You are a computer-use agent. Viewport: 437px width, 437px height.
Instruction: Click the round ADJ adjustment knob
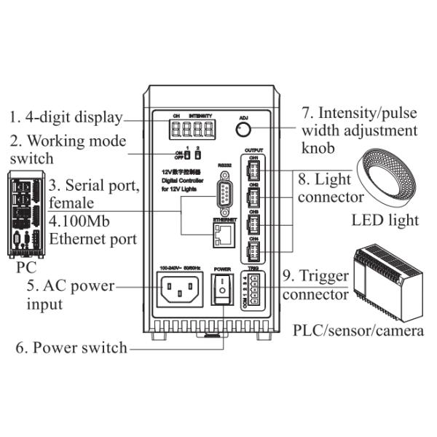click(244, 130)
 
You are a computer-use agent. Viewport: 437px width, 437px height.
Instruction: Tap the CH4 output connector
click(253, 251)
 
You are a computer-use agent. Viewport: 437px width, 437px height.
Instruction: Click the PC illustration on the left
click(26, 215)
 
